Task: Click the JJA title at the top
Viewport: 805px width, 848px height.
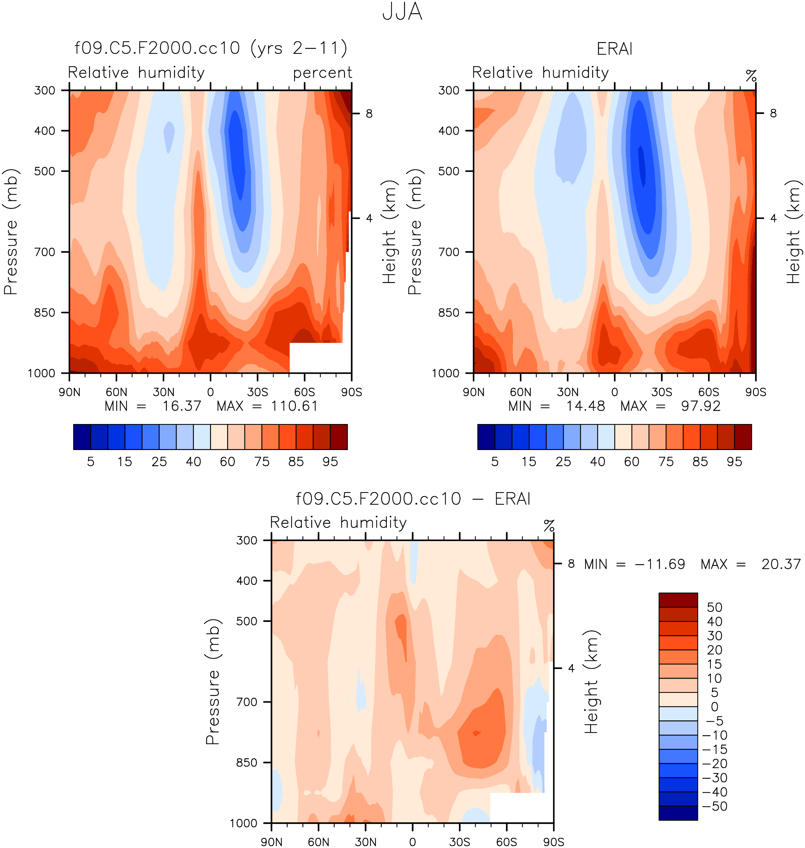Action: pyautogui.click(x=402, y=12)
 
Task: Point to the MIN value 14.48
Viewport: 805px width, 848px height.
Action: pyautogui.click(x=585, y=406)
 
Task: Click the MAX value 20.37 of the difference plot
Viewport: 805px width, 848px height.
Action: pyautogui.click(x=780, y=564)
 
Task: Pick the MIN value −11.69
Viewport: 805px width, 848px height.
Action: pyautogui.click(x=660, y=564)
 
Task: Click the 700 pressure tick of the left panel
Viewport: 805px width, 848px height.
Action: pyautogui.click(x=45, y=252)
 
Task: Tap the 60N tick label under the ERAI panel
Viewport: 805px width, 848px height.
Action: pyautogui.click(x=521, y=392)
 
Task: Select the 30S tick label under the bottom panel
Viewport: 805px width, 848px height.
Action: pyautogui.click(x=460, y=842)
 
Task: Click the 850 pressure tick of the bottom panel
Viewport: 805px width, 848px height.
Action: pyautogui.click(x=247, y=763)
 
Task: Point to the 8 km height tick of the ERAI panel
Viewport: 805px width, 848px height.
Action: pyautogui.click(x=773, y=113)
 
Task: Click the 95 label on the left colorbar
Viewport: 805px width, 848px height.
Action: pyautogui.click(x=330, y=462)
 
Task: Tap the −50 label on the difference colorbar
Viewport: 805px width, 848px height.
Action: pyautogui.click(x=714, y=806)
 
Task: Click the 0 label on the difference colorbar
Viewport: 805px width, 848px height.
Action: pyautogui.click(x=714, y=707)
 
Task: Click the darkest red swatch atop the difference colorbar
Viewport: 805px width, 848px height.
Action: pyautogui.click(x=678, y=600)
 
